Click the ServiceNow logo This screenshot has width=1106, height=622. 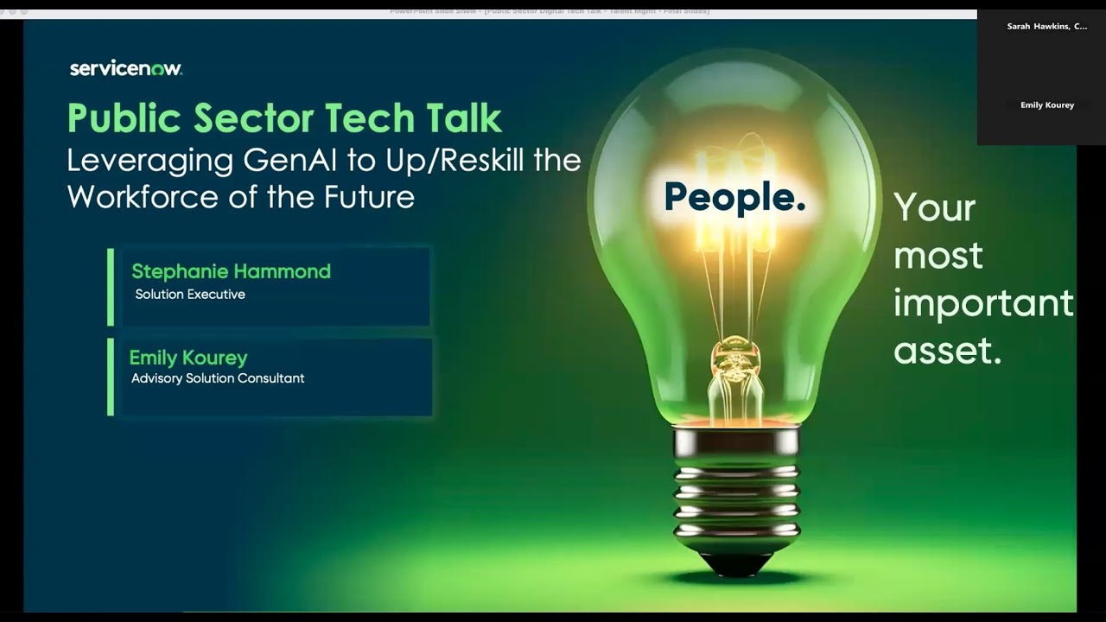[125, 68]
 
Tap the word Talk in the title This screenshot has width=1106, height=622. [462, 119]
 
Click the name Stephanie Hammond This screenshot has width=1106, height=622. [231, 271]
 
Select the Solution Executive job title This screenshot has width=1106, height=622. [190, 295]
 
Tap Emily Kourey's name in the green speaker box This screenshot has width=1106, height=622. [188, 358]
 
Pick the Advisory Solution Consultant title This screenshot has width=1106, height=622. [218, 378]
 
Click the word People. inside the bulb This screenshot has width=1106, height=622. [734, 197]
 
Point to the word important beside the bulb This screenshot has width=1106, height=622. [983, 303]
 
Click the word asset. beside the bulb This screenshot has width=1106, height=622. [947, 351]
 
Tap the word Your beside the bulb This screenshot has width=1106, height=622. [934, 208]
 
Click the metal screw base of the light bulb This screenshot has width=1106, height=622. [736, 492]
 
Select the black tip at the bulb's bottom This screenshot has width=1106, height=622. [736, 564]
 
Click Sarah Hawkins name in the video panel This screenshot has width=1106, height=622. [1046, 27]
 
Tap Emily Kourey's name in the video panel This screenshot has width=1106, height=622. [1046, 105]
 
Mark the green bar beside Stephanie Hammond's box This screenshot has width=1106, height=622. [111, 287]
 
